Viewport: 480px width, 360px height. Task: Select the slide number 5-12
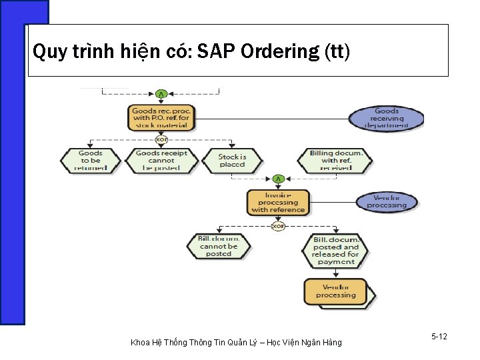coord(439,337)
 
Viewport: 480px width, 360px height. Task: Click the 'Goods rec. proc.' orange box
coord(161,117)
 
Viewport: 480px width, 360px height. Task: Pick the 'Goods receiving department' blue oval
coord(387,118)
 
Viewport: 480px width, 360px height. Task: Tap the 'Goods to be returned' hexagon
coord(91,160)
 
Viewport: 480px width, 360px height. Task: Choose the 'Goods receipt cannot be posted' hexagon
coord(161,160)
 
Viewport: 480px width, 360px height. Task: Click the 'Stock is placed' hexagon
coord(232,161)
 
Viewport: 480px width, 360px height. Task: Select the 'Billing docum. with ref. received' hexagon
coord(335,161)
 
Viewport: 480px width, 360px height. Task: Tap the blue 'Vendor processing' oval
coord(387,201)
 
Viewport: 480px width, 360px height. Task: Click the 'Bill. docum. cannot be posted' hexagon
coord(218,245)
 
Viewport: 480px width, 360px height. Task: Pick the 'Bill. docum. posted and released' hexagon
coord(335,250)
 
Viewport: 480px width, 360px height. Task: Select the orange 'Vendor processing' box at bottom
coord(336,291)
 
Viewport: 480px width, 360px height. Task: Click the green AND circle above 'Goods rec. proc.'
coord(161,93)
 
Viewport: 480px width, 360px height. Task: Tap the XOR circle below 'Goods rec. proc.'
coord(161,139)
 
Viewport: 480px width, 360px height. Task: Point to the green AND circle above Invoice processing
coord(278,179)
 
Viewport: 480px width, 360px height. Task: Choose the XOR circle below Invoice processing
coord(278,226)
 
